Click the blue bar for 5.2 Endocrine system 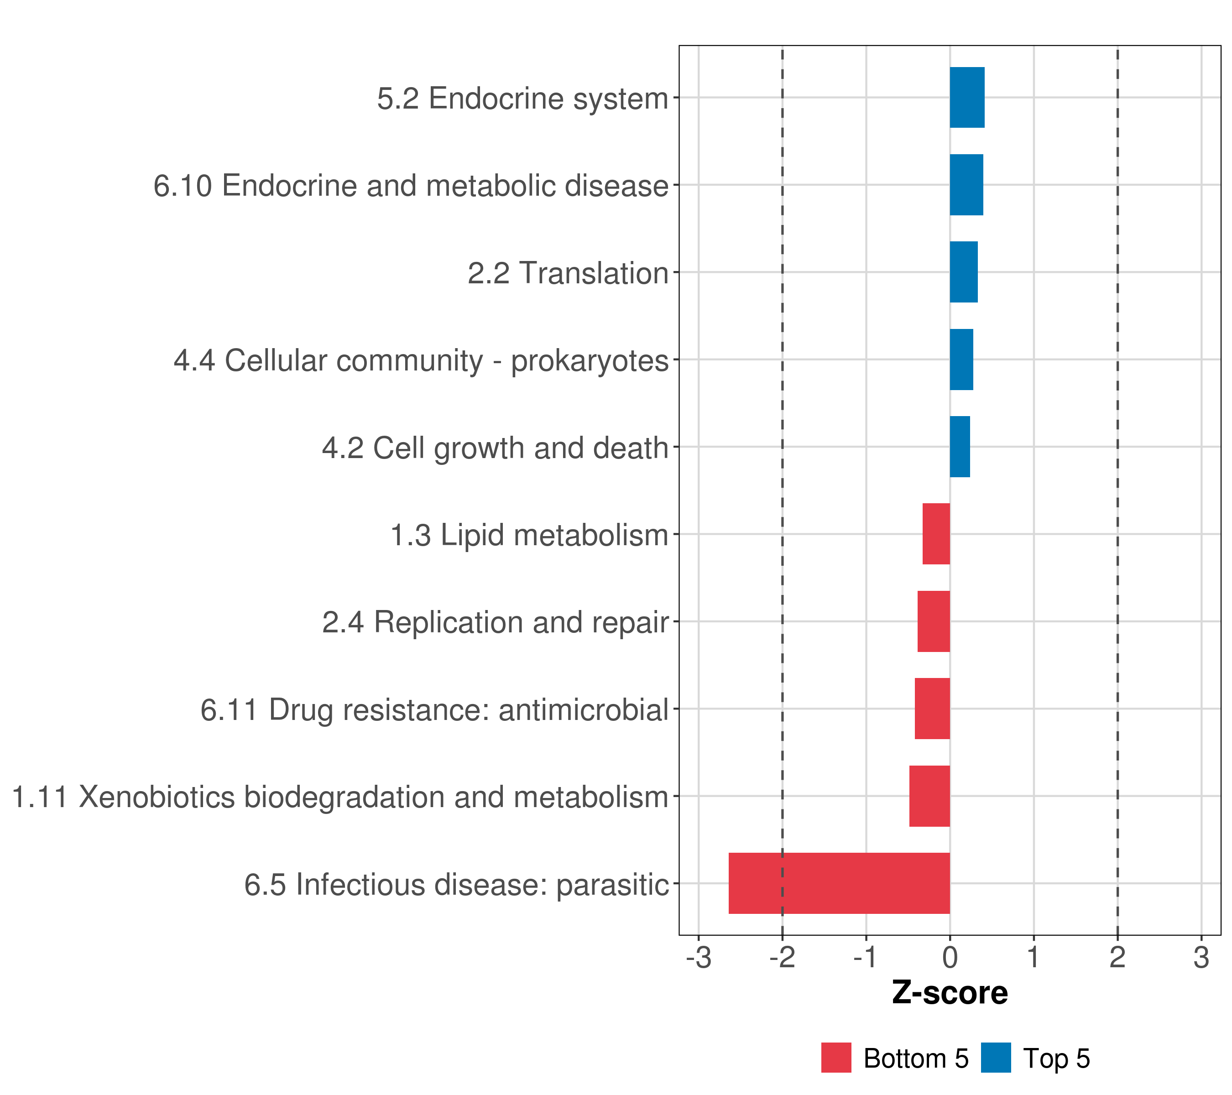(967, 98)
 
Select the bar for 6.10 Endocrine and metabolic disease (966, 185)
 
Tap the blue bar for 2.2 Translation (963, 272)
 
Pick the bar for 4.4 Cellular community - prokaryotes (961, 360)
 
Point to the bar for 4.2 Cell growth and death (960, 447)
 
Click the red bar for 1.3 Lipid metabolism (936, 534)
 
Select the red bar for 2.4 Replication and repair (934, 621)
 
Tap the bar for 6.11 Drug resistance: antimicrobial (932, 709)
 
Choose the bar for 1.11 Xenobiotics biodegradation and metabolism (929, 796)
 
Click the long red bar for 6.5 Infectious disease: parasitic (839, 883)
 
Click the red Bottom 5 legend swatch (836, 1058)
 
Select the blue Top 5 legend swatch (996, 1058)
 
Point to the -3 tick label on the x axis (699, 958)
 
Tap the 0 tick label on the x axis (950, 958)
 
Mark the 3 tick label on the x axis (1201, 958)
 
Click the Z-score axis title (950, 993)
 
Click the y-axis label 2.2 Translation (568, 273)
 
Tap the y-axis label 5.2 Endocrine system (522, 98)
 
